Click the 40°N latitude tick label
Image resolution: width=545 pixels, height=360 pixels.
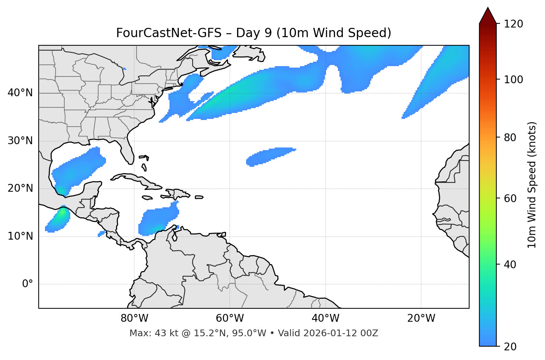(20, 93)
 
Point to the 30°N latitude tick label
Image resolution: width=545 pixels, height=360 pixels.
(20, 141)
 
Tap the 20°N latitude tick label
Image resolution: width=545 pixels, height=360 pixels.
(20, 188)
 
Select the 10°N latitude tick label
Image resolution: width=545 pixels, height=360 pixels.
(20, 236)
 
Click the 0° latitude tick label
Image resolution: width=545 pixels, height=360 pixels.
(27, 284)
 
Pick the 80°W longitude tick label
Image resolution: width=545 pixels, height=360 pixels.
(134, 318)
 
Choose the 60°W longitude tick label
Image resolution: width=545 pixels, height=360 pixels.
(230, 318)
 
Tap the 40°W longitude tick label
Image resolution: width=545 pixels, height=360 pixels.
(325, 318)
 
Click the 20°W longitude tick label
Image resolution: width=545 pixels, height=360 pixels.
(421, 318)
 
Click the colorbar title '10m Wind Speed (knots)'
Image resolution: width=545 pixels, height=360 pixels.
(532, 185)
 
